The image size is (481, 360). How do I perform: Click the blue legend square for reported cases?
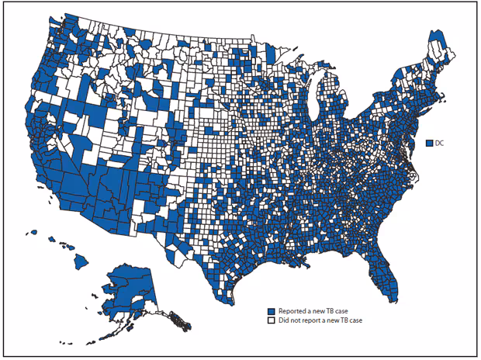click(271, 310)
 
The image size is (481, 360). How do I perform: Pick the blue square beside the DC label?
click(429, 143)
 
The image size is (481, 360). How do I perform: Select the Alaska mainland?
click(128, 287)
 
